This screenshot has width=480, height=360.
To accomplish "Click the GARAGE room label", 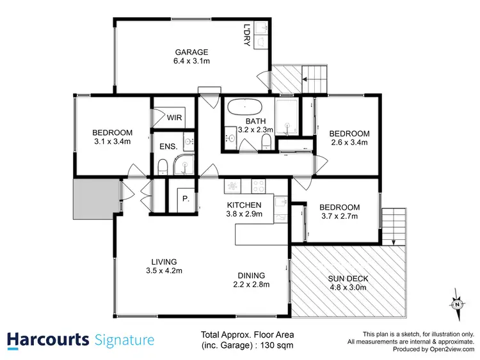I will point(192,52).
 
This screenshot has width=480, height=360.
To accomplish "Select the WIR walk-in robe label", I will point(174,118).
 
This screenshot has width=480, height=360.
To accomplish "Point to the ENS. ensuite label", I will point(168,146).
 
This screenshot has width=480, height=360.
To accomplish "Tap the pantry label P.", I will point(185,199).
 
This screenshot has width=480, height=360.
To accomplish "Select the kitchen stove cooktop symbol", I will point(259,186).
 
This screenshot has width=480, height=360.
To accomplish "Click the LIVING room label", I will point(164,262).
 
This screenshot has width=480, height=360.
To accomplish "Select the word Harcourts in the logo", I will point(47,339).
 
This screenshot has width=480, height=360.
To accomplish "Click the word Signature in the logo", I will point(124,339).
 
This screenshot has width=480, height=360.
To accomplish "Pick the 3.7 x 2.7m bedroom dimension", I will point(339,217).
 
